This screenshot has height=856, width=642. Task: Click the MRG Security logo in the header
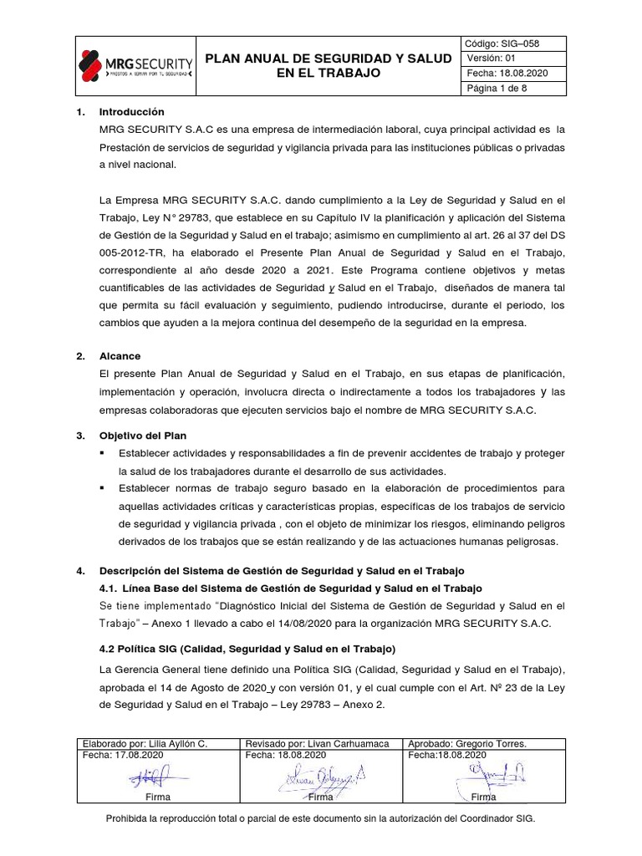click(135, 65)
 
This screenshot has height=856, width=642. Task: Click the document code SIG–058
click(508, 43)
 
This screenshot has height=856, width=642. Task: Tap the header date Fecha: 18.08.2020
click(507, 73)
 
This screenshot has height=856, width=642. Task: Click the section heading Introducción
click(132, 112)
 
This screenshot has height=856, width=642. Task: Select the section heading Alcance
click(120, 355)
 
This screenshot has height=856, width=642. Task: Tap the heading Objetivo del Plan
click(143, 436)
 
